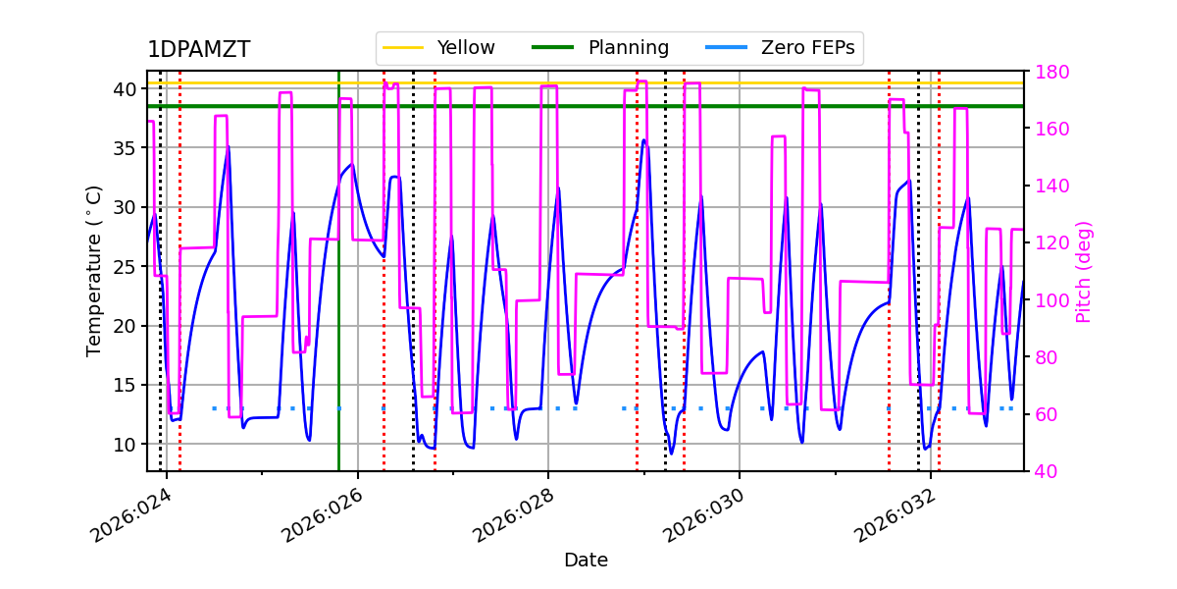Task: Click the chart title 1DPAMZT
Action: (198, 50)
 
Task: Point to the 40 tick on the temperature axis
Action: (126, 89)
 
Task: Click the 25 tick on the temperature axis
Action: (126, 267)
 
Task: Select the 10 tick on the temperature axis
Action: (126, 445)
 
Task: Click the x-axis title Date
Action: (586, 561)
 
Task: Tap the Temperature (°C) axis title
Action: (94, 270)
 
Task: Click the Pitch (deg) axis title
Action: (1084, 271)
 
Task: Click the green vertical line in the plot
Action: (338, 294)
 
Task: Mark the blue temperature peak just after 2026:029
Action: (644, 140)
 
